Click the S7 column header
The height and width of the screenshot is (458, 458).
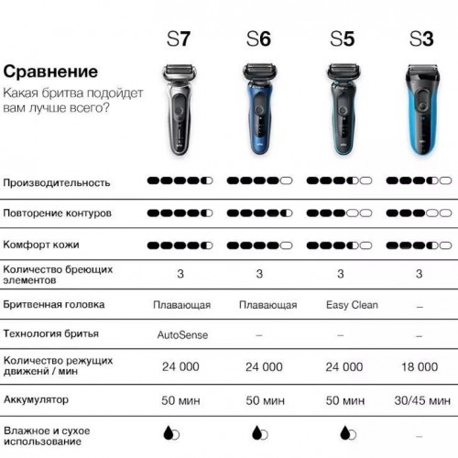click(179, 38)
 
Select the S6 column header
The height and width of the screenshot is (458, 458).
click(258, 38)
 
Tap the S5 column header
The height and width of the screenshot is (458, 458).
click(342, 38)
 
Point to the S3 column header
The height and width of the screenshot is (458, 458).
click(421, 38)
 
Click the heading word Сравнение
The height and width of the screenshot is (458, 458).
click(50, 71)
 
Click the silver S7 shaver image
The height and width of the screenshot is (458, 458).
click(180, 109)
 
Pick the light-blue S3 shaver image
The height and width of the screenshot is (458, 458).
click(422, 110)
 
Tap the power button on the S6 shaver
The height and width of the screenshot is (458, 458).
click(259, 109)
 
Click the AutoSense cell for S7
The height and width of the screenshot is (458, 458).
click(182, 335)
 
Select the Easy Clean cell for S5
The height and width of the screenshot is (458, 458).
click(352, 305)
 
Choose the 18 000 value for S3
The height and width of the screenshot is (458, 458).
click(420, 366)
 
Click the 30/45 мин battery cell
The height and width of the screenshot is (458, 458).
click(422, 400)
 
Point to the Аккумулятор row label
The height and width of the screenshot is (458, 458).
click(36, 399)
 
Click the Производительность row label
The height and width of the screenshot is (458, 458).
click(57, 182)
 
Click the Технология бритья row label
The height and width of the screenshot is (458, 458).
click(51, 333)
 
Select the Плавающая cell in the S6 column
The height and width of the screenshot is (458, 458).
click(268, 305)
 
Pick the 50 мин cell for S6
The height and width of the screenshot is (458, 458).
click(265, 400)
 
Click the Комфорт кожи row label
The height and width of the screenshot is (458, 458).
click(41, 245)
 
